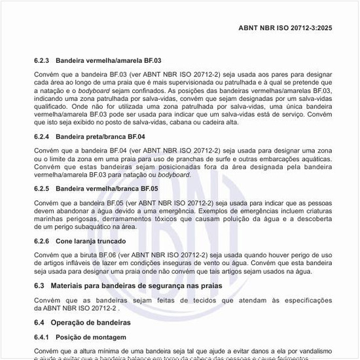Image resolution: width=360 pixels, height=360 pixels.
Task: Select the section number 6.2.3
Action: tap(43, 60)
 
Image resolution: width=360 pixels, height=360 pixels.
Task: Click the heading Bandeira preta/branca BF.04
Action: tap(100, 137)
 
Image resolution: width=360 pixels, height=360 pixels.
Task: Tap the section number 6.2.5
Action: tap(43, 189)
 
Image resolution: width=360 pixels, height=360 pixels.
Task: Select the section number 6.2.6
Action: tap(43, 241)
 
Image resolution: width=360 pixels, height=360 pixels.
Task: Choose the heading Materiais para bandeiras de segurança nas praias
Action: tap(136, 285)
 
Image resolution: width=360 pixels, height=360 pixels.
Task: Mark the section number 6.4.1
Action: tap(43, 337)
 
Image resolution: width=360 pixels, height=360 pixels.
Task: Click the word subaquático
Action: tap(87, 226)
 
